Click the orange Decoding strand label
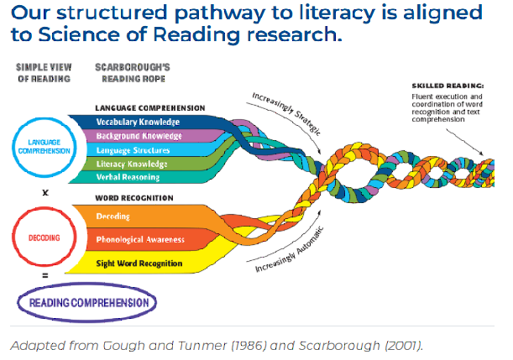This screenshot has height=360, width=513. pos(113,216)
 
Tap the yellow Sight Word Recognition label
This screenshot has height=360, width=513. pos(139,263)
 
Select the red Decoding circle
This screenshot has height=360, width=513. pos(44,237)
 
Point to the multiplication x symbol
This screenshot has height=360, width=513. pos(44,191)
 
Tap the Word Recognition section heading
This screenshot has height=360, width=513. pos(135,198)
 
